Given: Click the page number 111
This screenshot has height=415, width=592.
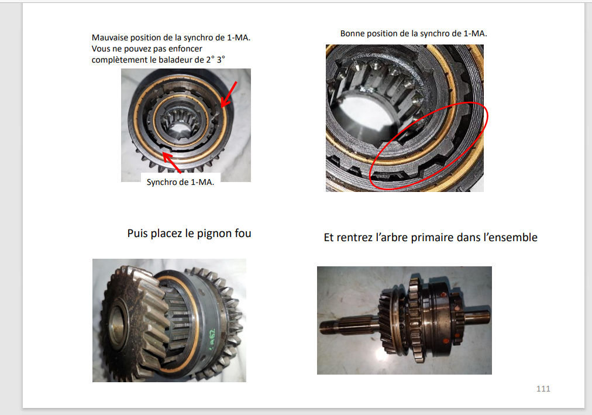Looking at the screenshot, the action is (543, 389).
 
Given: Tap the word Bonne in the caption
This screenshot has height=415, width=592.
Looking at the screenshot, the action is (352, 33).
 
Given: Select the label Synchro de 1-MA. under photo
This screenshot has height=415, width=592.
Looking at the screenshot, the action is (180, 182).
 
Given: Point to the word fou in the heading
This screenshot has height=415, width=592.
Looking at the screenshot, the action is (243, 233).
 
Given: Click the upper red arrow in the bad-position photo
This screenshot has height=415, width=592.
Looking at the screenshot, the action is (229, 94).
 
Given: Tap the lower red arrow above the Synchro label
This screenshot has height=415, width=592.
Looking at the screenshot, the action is (172, 162).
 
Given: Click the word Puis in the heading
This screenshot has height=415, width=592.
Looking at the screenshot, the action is (137, 233).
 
